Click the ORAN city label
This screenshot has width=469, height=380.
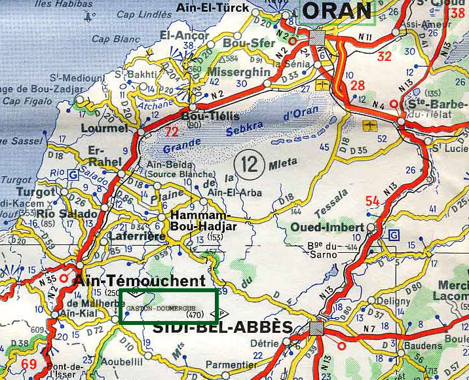point(338,10)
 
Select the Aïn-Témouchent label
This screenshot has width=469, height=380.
point(140,280)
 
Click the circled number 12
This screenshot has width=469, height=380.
point(251,160)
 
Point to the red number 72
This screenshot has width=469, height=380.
point(172,132)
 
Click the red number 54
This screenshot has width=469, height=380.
point(373,200)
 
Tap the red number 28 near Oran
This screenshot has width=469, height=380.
point(357,86)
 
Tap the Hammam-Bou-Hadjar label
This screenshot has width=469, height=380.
point(198,221)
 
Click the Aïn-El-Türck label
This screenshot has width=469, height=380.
point(213,9)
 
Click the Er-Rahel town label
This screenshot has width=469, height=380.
point(100,157)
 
